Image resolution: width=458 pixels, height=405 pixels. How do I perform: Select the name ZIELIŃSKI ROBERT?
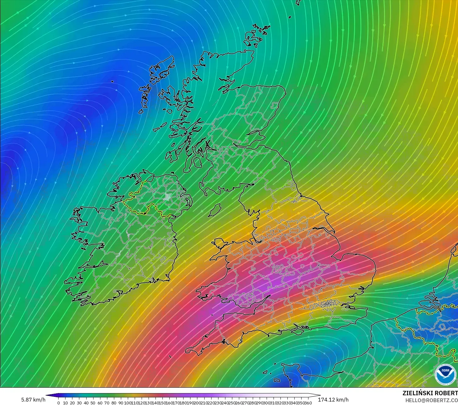[430, 393]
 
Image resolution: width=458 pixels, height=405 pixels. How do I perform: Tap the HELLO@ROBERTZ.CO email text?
[431, 400]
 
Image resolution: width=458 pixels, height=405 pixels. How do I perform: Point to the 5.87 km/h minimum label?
[33, 400]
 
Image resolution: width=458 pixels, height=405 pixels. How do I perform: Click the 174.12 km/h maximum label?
[333, 400]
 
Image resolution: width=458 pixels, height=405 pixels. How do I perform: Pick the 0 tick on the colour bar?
[59, 403]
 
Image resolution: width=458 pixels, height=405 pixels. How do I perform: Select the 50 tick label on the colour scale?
[93, 403]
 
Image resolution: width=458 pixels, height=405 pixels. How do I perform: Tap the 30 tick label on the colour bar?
[79, 403]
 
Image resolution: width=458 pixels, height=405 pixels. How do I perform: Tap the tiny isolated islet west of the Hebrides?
[112, 82]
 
